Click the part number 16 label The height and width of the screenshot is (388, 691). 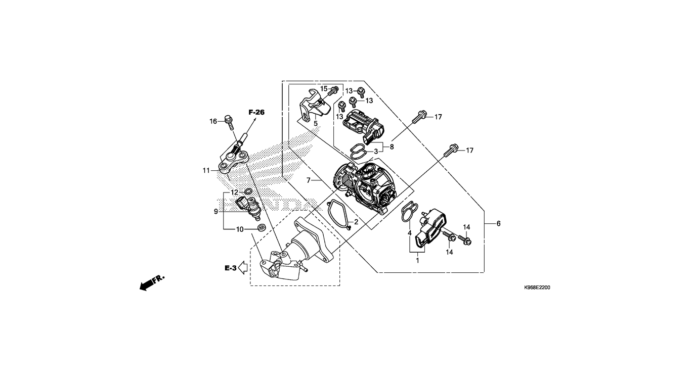point(213,121)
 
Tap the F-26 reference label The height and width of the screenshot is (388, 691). point(256,112)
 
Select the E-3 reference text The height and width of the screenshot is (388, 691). point(231,268)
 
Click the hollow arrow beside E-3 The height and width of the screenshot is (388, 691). point(243,267)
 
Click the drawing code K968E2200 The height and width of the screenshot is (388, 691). point(537,287)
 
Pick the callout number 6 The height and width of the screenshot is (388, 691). point(498,223)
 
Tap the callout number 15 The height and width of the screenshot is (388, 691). point(324,89)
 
